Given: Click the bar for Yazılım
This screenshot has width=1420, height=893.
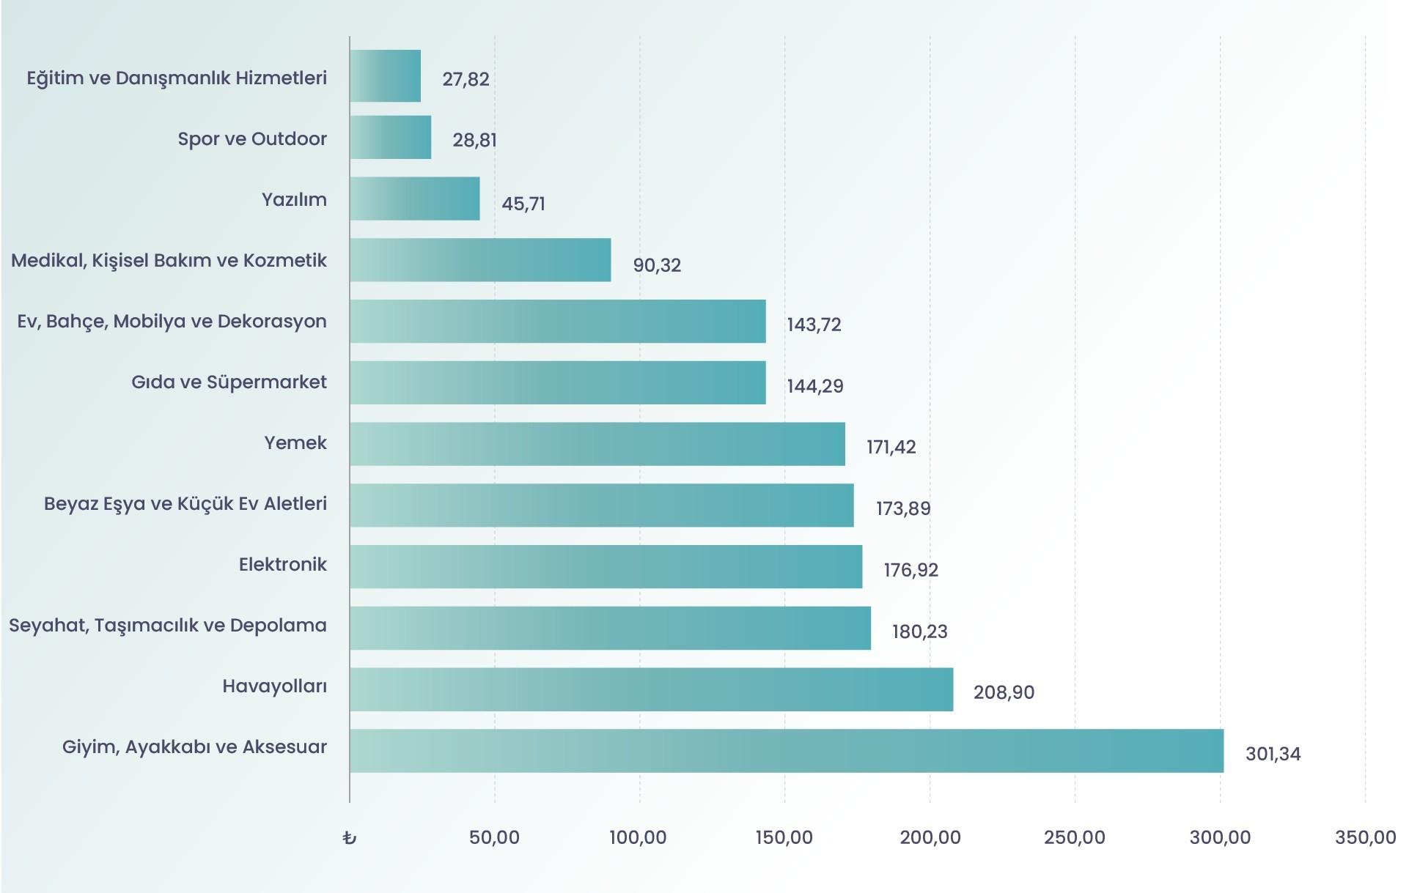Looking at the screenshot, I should click(x=415, y=199).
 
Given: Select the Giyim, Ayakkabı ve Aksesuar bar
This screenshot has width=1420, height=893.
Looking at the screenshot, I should click(x=787, y=750).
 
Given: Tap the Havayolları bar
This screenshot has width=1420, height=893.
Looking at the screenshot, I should click(x=651, y=689).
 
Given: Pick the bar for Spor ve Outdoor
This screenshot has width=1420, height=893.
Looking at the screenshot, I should click(x=391, y=138).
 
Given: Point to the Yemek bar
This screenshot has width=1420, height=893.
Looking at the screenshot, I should click(x=597, y=444).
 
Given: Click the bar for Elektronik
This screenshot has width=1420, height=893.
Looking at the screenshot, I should click(x=606, y=566).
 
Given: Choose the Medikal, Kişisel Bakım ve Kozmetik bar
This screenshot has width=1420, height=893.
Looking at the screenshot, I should click(x=480, y=260).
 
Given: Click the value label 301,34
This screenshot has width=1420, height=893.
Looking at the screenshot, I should click(x=1273, y=754).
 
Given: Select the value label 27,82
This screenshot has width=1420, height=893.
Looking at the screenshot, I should click(x=466, y=79).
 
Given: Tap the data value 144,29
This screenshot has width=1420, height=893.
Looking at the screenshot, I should click(x=815, y=386).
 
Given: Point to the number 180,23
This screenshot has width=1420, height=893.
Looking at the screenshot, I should click(x=919, y=631).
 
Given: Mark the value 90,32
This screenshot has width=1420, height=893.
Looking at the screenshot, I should click(x=657, y=265).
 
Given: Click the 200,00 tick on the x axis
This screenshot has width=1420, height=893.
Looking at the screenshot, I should click(x=930, y=837).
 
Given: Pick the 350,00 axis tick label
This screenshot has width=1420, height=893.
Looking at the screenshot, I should click(x=1365, y=837).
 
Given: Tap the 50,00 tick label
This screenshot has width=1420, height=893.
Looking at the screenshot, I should click(x=494, y=837).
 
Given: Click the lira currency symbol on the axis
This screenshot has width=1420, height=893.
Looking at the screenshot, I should click(x=350, y=837).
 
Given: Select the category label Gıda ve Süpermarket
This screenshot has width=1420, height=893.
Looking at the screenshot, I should click(x=229, y=382).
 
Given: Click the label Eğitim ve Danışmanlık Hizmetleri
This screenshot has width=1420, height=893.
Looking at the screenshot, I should click(x=177, y=78).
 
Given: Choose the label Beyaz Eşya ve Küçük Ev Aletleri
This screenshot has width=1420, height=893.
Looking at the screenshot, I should click(x=185, y=504).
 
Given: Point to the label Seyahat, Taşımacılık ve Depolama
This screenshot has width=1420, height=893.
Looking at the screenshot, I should click(x=168, y=626).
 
